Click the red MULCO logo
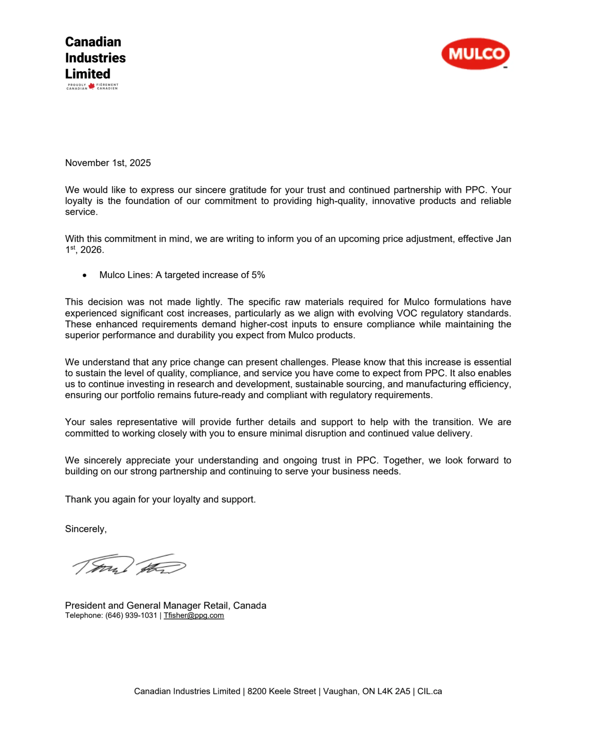pyautogui.click(x=475, y=54)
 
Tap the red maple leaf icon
pyautogui.click(x=92, y=86)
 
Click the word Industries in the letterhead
pyautogui.click(x=95, y=58)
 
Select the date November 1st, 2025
pyautogui.click(x=108, y=163)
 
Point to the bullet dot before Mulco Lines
pyautogui.click(x=85, y=276)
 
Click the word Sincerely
pyautogui.click(x=85, y=529)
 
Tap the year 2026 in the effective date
pyautogui.click(x=92, y=250)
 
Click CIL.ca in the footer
pyautogui.click(x=430, y=691)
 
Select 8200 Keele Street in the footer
pyautogui.click(x=281, y=691)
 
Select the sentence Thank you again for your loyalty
pyautogui.click(x=160, y=499)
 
